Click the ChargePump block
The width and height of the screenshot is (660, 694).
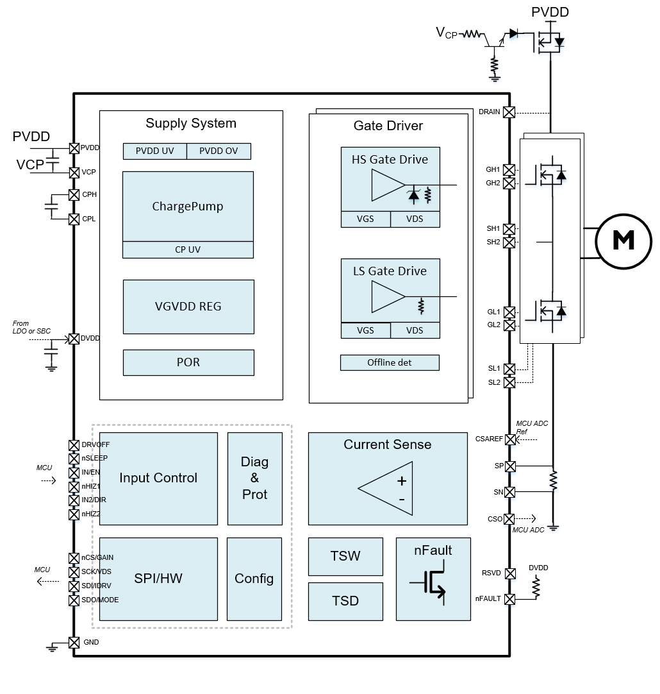point(188,207)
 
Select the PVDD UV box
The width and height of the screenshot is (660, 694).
point(154,151)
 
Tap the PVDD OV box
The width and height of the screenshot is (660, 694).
point(219,151)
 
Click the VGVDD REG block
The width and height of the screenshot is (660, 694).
point(188,307)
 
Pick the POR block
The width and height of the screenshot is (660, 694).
point(188,362)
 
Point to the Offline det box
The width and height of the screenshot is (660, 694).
point(390,362)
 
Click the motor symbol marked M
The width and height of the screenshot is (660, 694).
point(623,240)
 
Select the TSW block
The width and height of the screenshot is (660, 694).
point(345,556)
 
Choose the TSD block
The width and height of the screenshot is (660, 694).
point(345,601)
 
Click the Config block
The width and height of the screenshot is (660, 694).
point(254,579)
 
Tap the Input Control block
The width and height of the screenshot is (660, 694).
point(158,478)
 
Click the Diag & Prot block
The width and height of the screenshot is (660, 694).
point(254,478)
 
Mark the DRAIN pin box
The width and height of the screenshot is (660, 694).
point(509,112)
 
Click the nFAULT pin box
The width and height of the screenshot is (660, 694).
point(509,599)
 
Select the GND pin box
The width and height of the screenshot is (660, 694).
point(74,642)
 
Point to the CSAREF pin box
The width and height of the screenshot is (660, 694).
point(509,440)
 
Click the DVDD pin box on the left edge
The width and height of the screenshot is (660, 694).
point(74,339)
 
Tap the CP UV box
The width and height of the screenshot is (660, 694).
point(188,250)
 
